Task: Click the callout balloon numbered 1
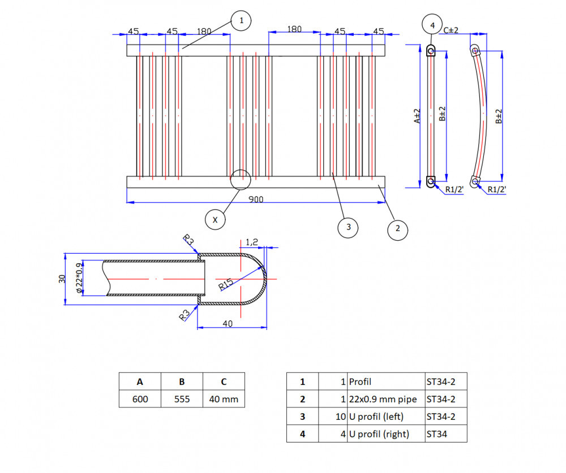click(x=241, y=21)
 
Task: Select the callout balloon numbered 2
click(x=397, y=229)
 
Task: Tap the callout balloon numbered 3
click(x=348, y=228)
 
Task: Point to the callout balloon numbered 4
click(x=432, y=25)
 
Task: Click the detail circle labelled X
click(x=215, y=220)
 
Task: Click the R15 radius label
click(x=226, y=284)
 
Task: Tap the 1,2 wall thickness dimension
click(x=252, y=242)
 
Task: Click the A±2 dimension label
click(x=418, y=116)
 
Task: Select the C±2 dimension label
click(x=451, y=30)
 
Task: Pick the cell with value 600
click(x=140, y=400)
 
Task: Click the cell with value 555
click(x=182, y=400)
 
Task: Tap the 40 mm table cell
click(x=224, y=400)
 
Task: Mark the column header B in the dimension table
click(x=182, y=381)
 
